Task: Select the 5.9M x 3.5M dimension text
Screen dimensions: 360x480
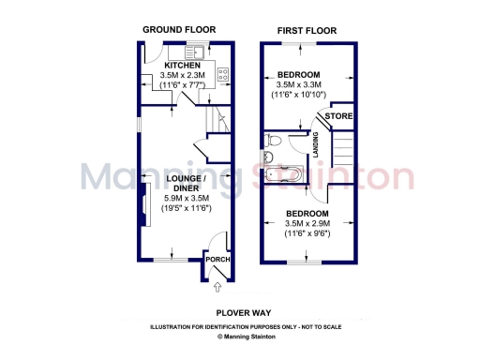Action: point(184,199)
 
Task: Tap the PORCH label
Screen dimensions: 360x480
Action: point(217,260)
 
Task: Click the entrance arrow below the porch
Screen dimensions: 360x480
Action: point(218,286)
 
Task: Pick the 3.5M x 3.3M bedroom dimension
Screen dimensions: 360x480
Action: point(307,84)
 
